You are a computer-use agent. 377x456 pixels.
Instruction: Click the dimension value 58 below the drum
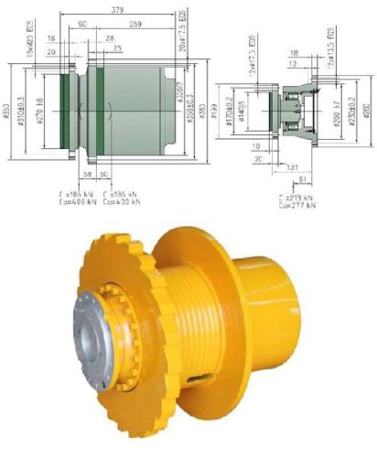pyautogui.click(x=86, y=173)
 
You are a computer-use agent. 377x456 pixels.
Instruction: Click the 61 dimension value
pyautogui.click(x=305, y=181)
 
